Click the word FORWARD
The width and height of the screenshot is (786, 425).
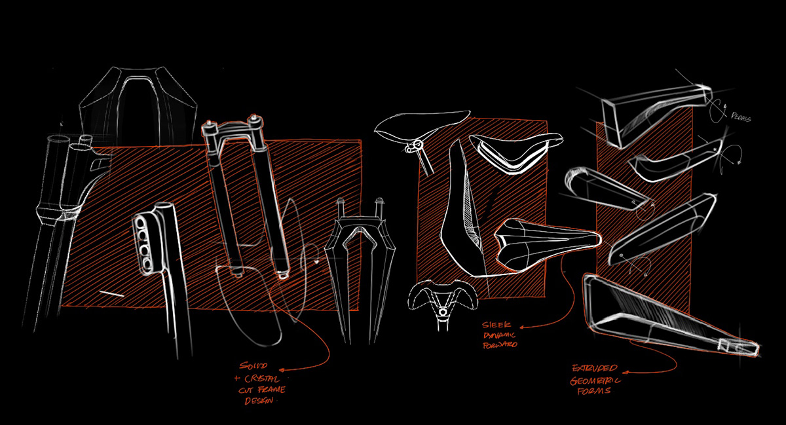(499, 344)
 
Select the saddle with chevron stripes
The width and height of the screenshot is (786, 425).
(517, 152)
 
